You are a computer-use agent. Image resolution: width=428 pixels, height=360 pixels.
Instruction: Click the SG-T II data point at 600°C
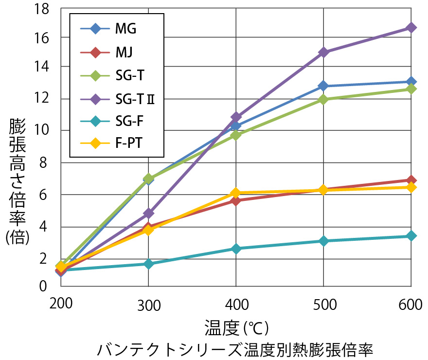click(x=411, y=28)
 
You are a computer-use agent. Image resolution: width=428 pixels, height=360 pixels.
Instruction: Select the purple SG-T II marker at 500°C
click(x=323, y=52)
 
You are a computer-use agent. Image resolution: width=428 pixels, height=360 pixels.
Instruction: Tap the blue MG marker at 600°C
click(x=411, y=82)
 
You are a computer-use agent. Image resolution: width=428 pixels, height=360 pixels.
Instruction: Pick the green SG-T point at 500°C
click(x=323, y=99)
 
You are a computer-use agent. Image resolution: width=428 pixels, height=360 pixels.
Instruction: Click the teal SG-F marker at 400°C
click(x=236, y=249)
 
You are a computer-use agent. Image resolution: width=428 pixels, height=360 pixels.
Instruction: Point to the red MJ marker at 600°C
click(x=411, y=180)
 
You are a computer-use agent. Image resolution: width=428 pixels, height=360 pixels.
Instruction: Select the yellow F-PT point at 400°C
click(x=236, y=193)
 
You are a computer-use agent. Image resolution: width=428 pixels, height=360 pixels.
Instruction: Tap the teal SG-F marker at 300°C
click(x=148, y=264)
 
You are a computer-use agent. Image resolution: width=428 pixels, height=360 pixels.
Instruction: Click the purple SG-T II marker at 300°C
click(x=148, y=213)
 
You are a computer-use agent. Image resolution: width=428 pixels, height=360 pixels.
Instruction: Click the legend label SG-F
click(x=129, y=120)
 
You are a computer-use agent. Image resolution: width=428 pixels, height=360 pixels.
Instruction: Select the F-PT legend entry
click(x=128, y=143)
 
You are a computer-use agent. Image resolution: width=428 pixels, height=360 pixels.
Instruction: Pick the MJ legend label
click(x=124, y=51)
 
